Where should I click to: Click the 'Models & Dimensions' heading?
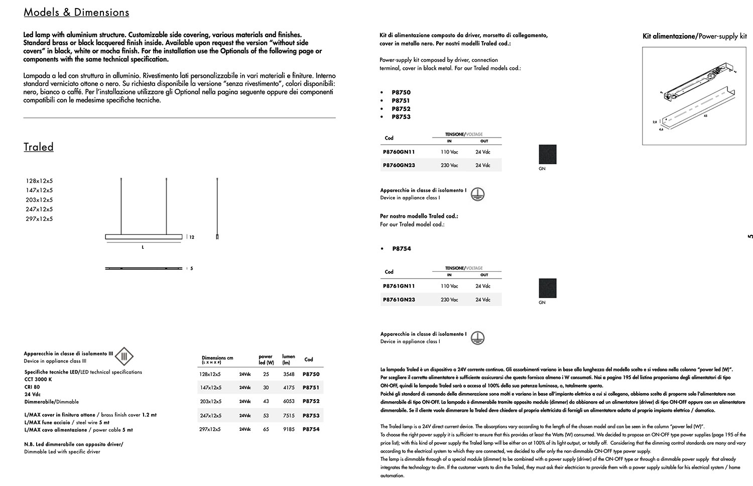[76, 13]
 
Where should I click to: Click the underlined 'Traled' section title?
[39, 147]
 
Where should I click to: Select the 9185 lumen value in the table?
[289, 429]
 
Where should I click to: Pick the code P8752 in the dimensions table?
[311, 401]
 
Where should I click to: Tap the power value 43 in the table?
[266, 401]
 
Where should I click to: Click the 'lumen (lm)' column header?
[288, 359]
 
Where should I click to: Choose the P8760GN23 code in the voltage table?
[399, 165]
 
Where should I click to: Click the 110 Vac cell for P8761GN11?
[449, 286]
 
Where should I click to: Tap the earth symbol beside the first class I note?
[477, 194]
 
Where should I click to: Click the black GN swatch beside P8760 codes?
[547, 154]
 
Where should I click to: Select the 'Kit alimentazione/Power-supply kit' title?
[694, 36]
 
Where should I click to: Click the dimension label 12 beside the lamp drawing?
[192, 237]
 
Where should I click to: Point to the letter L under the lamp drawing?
[143, 247]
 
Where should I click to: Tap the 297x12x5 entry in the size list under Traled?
[39, 219]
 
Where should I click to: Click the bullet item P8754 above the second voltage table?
[401, 249]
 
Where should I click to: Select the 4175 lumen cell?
[289, 388]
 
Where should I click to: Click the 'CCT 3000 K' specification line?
[38, 380]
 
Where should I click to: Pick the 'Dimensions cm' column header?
[217, 358]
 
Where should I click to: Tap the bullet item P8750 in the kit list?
[401, 92]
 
